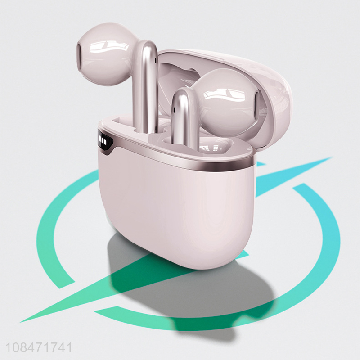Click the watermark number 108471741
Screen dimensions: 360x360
(x=39, y=347)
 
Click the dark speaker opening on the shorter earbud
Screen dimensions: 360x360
(x=257, y=103)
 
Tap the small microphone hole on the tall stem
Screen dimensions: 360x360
(x=156, y=60)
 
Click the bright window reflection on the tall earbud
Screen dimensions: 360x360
(x=108, y=48)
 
